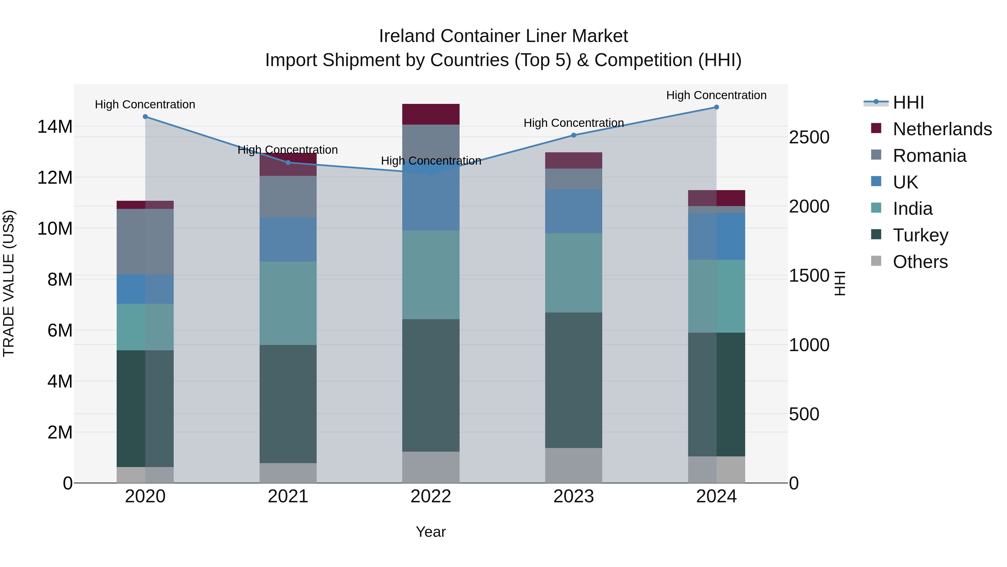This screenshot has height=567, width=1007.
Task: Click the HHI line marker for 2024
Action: click(716, 107)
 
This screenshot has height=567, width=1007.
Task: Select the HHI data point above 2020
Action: click(145, 116)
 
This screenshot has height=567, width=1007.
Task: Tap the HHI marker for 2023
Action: click(573, 136)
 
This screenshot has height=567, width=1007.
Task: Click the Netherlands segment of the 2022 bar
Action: click(430, 114)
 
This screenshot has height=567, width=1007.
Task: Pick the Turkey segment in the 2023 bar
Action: click(573, 380)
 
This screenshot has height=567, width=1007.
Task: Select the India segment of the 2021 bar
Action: click(288, 303)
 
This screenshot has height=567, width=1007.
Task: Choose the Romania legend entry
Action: click(929, 156)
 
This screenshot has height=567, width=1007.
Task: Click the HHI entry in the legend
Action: click(908, 102)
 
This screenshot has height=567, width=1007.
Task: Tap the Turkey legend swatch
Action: click(876, 235)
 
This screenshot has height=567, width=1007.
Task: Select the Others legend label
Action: click(920, 262)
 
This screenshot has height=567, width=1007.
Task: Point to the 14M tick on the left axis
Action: click(55, 127)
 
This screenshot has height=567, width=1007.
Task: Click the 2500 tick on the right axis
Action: click(809, 137)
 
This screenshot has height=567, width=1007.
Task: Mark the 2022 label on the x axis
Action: click(430, 496)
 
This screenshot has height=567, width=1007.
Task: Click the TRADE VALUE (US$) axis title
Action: click(9, 283)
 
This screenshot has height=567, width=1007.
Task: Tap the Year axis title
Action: click(430, 532)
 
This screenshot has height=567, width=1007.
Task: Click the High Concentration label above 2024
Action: click(716, 95)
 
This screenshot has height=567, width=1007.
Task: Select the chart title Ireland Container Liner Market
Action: click(503, 36)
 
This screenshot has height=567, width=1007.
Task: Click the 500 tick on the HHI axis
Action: click(804, 414)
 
